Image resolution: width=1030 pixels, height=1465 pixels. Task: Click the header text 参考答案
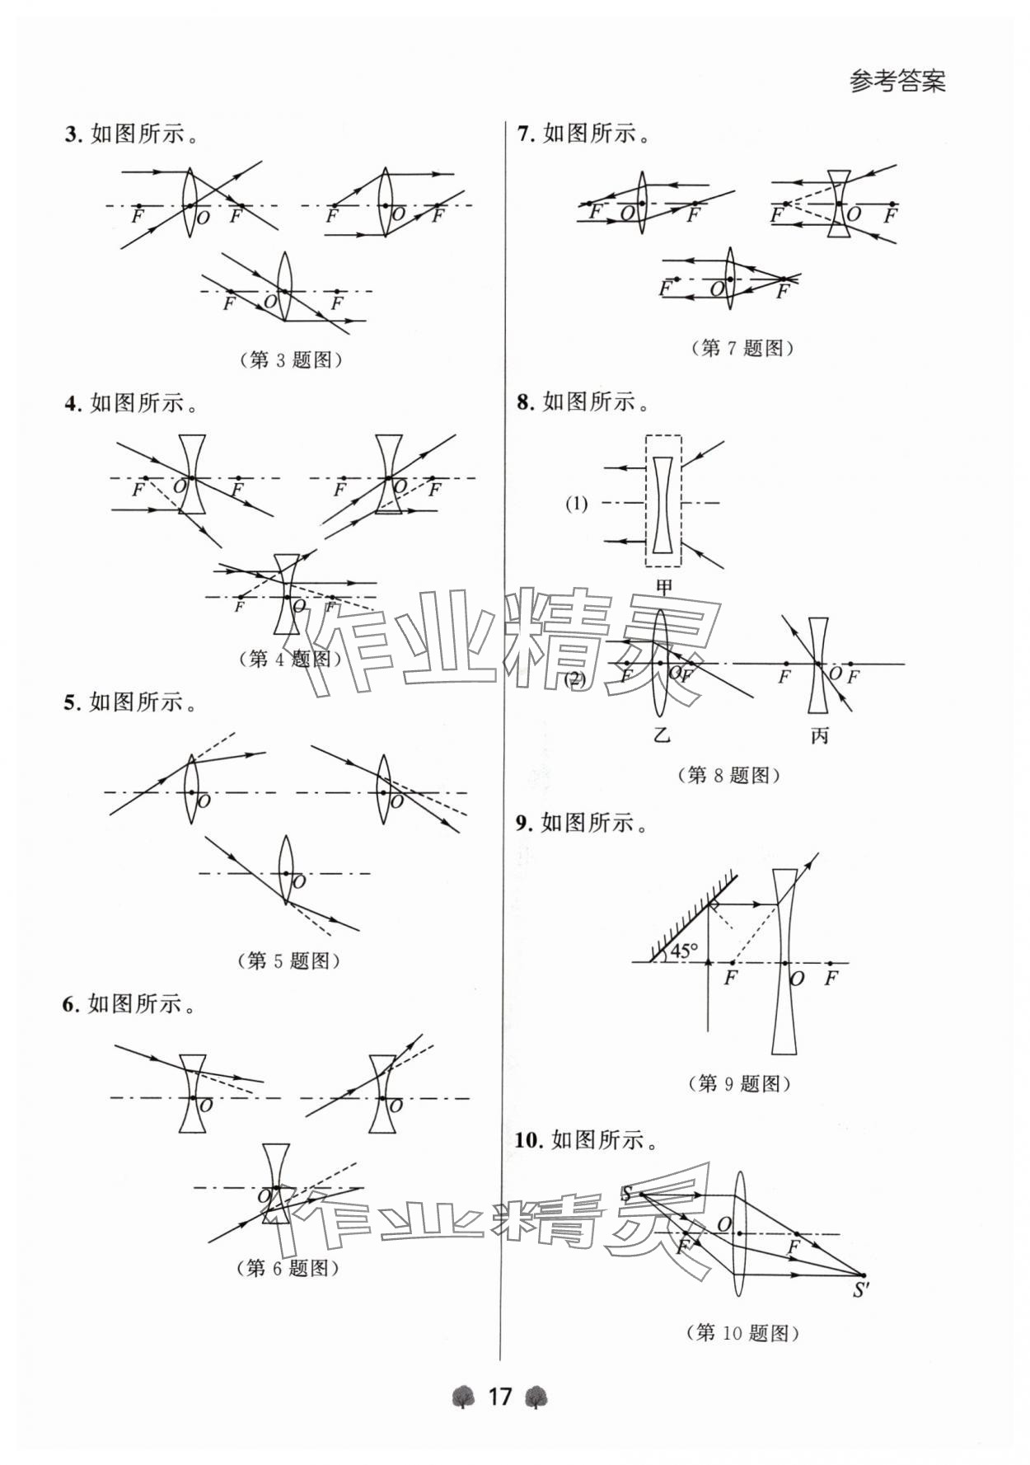click(897, 82)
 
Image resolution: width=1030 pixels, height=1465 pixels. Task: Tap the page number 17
click(500, 1397)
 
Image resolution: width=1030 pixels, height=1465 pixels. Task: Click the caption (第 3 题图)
click(290, 359)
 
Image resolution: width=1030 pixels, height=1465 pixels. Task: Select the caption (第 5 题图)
click(288, 960)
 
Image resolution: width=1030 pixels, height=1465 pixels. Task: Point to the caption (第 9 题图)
click(739, 1083)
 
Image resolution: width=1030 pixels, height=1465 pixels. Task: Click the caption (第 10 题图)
click(742, 1332)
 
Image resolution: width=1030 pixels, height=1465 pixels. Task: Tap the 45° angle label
click(683, 951)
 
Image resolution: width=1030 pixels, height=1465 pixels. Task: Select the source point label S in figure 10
click(626, 1193)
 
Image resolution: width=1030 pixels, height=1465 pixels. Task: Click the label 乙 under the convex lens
click(662, 735)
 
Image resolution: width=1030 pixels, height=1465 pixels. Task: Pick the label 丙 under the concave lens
click(818, 735)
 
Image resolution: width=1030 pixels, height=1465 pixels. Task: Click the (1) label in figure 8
click(577, 504)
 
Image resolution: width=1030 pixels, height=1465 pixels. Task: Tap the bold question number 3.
click(71, 134)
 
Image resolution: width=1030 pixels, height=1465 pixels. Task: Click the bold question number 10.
click(527, 1140)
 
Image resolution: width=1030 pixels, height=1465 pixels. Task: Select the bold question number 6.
click(69, 1004)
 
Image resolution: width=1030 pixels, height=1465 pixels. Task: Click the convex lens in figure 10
click(738, 1233)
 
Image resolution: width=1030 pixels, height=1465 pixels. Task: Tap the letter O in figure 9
click(797, 979)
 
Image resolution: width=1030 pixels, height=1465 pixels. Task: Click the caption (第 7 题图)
click(742, 348)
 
